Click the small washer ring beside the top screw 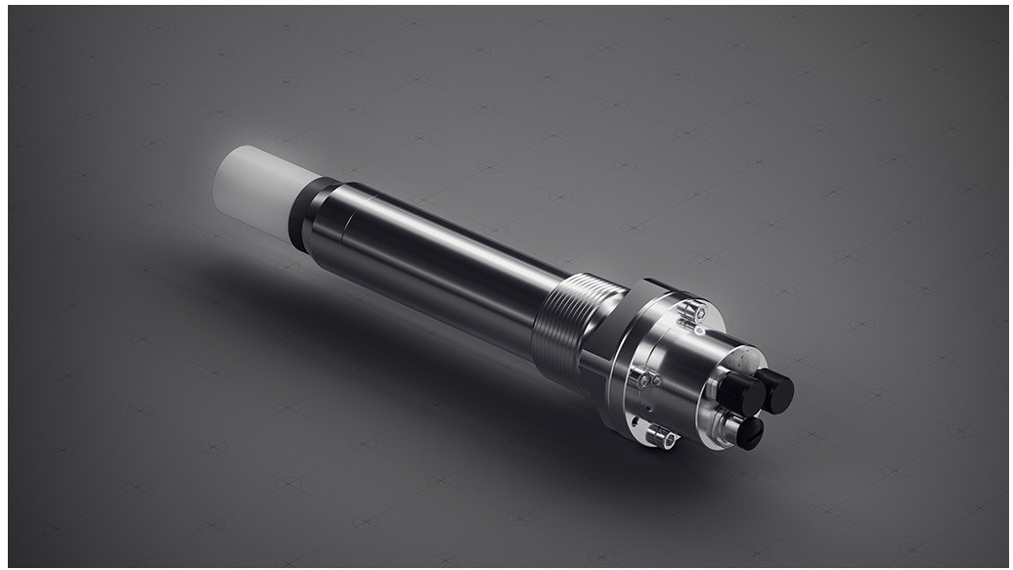700,330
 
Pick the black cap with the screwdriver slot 748,431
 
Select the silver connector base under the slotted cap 727,425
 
